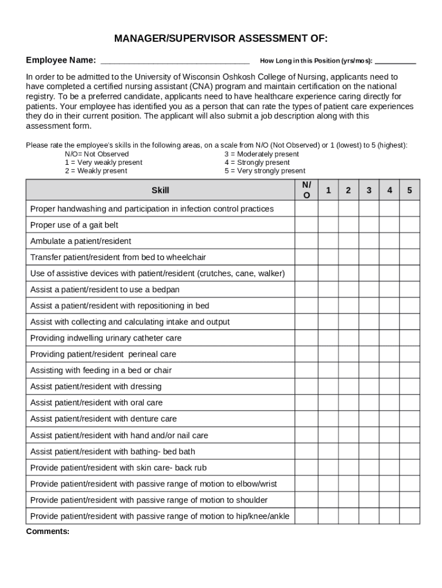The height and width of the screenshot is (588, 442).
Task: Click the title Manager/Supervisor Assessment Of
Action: [221, 39]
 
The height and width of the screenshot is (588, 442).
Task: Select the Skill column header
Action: [160, 190]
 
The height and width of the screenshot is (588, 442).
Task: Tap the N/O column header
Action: [307, 190]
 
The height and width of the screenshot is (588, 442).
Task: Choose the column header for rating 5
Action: [409, 190]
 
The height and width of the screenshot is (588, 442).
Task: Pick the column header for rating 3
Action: [369, 190]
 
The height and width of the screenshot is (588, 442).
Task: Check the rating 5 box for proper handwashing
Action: [409, 209]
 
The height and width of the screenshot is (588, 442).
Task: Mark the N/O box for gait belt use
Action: [307, 225]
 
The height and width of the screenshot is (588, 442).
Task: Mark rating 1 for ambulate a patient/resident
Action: [328, 241]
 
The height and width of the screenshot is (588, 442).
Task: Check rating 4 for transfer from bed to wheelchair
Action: [389, 257]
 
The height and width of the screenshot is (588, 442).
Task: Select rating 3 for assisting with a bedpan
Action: [369, 289]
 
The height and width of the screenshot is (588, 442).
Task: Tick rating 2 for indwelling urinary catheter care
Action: [348, 338]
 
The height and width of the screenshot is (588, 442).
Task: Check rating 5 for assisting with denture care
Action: [409, 419]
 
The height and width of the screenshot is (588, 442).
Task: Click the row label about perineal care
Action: [103, 354]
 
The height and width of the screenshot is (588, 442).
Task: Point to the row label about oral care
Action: [96, 403]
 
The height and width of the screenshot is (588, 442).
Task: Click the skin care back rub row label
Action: [118, 467]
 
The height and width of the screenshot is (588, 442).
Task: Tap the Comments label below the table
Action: [48, 532]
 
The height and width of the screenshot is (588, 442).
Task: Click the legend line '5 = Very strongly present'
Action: [265, 171]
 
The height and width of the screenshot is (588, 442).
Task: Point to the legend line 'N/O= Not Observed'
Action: [96, 154]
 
